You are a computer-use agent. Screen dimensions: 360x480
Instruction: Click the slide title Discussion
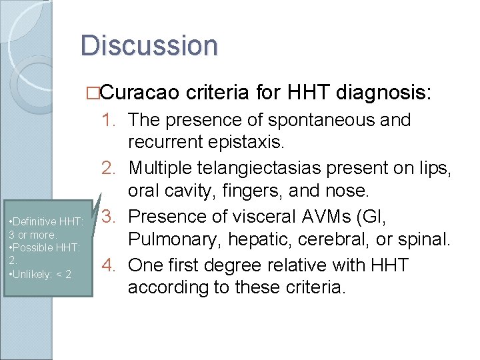point(149,46)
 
